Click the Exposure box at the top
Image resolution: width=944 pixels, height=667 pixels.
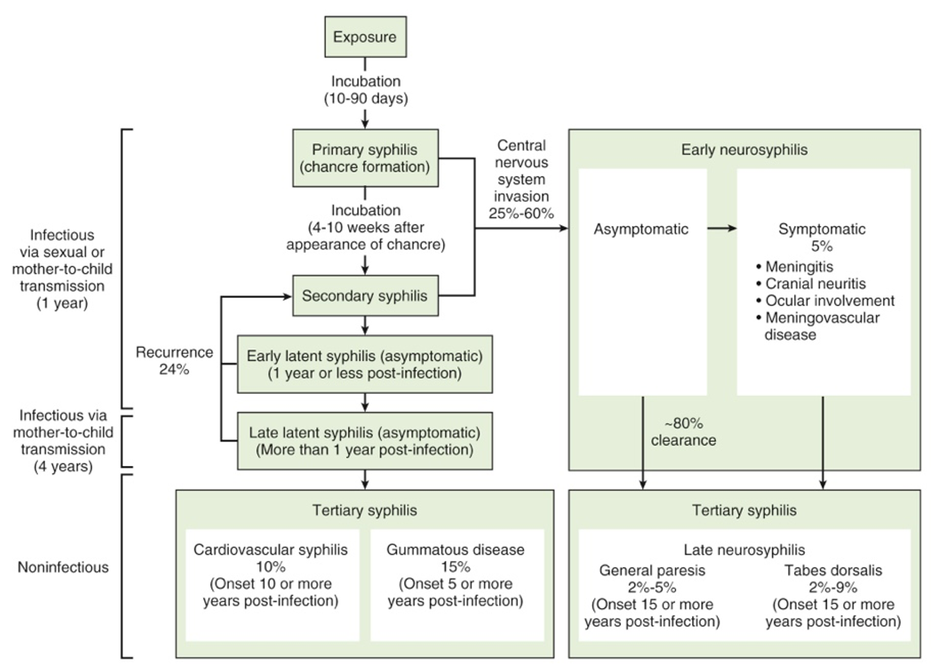[x=365, y=37]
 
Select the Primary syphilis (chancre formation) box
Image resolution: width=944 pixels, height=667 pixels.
[x=365, y=158]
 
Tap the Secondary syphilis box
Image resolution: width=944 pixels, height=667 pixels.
[x=365, y=296]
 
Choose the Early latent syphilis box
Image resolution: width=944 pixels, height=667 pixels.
[x=365, y=365]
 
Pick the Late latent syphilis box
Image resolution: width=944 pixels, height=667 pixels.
[x=365, y=442]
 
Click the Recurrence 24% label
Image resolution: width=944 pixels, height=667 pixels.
[x=174, y=361]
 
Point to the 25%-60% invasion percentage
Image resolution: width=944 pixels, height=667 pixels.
[x=521, y=214]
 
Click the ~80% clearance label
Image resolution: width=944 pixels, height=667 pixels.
[x=683, y=432]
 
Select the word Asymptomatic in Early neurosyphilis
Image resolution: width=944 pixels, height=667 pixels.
[x=641, y=229]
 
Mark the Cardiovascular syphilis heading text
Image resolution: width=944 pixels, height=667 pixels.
[x=270, y=550]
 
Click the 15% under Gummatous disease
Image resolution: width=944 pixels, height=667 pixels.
[x=455, y=567]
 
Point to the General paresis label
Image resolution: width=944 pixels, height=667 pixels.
[x=652, y=571]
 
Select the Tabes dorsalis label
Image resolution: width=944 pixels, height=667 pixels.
[x=833, y=571]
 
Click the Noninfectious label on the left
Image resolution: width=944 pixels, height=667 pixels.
[x=63, y=567]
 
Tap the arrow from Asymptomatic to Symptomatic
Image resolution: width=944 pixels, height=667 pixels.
[x=722, y=228]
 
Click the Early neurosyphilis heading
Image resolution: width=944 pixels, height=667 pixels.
[x=744, y=150]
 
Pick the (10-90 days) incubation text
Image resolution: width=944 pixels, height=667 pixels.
[x=366, y=98]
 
